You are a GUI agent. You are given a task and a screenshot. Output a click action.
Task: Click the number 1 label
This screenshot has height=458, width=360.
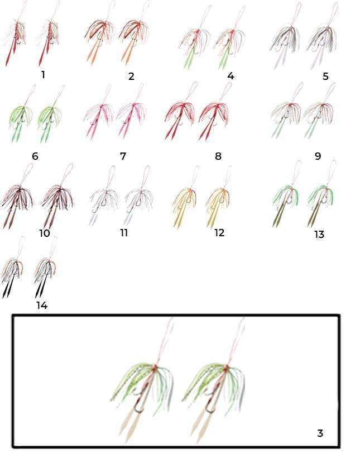point(43,75)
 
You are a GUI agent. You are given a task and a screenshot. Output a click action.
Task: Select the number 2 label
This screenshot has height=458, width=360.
point(131,76)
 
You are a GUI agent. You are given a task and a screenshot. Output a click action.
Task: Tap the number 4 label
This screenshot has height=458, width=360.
point(231,76)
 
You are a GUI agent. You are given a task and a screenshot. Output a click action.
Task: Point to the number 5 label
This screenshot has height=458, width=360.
point(325,76)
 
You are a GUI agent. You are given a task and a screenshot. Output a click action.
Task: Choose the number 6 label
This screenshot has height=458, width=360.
point(35,156)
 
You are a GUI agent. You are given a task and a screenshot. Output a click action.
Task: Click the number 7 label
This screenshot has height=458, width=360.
point(123,156)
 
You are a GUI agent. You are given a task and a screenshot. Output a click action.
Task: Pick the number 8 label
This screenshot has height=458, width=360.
point(218,156)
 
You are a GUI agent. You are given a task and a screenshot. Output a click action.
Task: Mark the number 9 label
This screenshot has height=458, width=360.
point(318,156)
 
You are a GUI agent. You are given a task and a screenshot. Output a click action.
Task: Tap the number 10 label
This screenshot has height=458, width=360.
point(45,233)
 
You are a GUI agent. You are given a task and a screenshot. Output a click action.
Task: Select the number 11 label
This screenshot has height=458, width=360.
point(124,232)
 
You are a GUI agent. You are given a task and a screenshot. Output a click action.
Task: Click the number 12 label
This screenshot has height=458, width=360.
point(219,232)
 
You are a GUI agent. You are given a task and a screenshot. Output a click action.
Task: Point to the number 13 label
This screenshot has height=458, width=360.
point(319,234)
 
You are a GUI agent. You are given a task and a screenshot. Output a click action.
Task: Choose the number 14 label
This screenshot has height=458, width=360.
point(42,305)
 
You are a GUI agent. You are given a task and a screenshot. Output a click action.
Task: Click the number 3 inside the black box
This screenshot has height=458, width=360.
point(320,433)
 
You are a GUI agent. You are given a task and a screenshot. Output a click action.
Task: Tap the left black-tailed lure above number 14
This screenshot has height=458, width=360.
point(13,270)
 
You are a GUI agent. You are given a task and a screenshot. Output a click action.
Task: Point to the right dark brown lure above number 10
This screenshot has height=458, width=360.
point(59,199)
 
